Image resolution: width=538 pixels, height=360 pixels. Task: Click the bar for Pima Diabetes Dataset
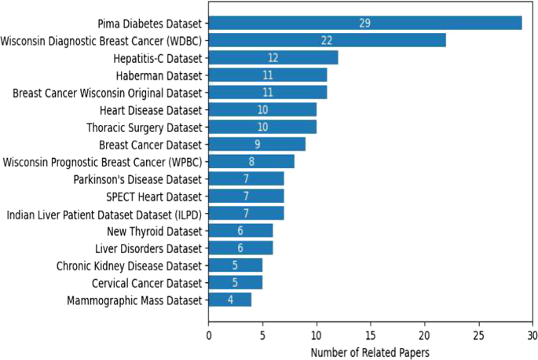(364, 23)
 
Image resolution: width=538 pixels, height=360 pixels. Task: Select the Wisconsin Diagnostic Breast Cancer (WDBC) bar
(327, 40)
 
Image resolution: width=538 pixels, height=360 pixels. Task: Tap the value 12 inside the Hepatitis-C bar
(273, 57)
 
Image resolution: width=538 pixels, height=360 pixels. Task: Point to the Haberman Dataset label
(164, 75)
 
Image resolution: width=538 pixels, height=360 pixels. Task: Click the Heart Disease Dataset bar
(262, 110)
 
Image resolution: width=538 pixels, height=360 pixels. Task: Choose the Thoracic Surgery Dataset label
(145, 127)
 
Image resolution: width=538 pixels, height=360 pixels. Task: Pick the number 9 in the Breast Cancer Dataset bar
(257, 145)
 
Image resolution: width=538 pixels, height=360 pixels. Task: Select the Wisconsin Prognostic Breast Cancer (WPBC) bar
(251, 162)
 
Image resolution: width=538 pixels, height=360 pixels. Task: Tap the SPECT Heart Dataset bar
(246, 196)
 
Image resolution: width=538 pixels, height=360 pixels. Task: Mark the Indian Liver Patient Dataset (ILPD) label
(104, 214)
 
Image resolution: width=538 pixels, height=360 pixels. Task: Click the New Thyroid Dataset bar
(240, 230)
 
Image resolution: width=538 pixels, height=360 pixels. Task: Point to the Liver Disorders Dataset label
(154, 248)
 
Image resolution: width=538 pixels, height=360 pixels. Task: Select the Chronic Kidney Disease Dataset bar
(235, 265)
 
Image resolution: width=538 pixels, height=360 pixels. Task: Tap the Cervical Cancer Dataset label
(152, 282)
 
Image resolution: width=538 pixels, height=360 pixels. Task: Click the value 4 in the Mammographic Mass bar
(229, 299)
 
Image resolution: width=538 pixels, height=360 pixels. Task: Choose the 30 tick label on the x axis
(533, 334)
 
